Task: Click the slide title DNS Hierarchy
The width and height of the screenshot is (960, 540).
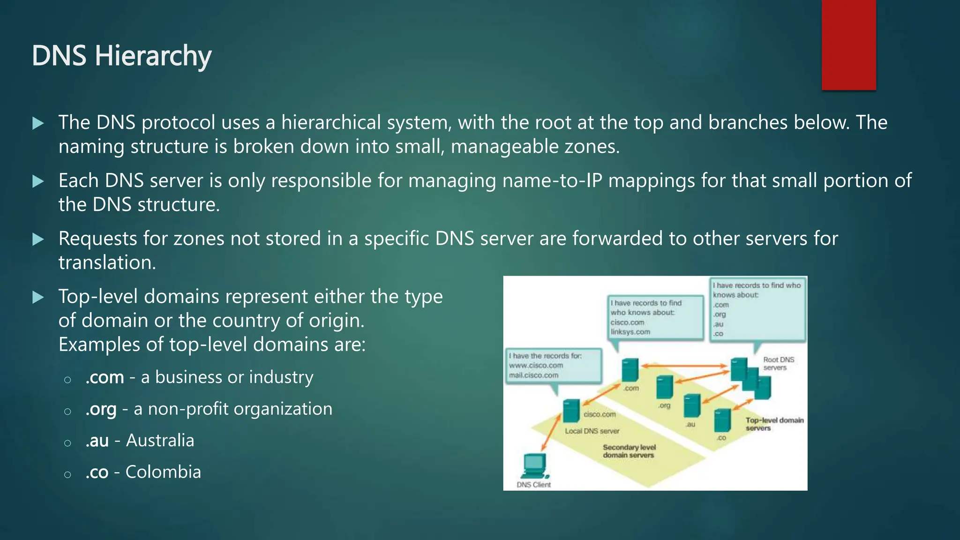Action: (x=121, y=56)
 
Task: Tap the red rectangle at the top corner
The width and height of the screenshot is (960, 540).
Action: (x=848, y=45)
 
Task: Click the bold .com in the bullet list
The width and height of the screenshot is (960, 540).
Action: (x=105, y=377)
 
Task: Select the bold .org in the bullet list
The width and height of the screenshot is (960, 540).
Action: (x=101, y=409)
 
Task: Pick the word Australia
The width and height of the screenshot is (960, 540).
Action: (x=160, y=441)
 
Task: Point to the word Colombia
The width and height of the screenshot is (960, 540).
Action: (x=163, y=472)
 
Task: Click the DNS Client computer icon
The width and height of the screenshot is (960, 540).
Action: (x=534, y=465)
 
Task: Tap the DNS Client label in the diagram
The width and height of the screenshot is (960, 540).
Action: (x=533, y=485)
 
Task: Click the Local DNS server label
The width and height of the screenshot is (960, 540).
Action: (x=592, y=431)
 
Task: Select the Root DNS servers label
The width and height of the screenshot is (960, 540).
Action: (x=778, y=363)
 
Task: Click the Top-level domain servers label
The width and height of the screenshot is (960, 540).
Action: (x=774, y=424)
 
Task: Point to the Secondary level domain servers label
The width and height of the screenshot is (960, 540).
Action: (x=629, y=451)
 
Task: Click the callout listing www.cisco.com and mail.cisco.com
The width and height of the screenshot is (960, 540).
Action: (x=553, y=366)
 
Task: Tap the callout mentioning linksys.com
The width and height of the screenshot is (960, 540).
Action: (x=655, y=317)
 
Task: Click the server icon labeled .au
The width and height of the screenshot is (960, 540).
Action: (x=692, y=406)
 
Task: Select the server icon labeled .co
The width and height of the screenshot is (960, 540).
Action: (x=722, y=420)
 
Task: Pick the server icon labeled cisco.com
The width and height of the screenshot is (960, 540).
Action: (x=571, y=411)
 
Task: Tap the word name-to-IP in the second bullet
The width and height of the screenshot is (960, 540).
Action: (x=552, y=181)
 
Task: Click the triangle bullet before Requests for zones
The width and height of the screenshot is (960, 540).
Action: (x=38, y=240)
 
